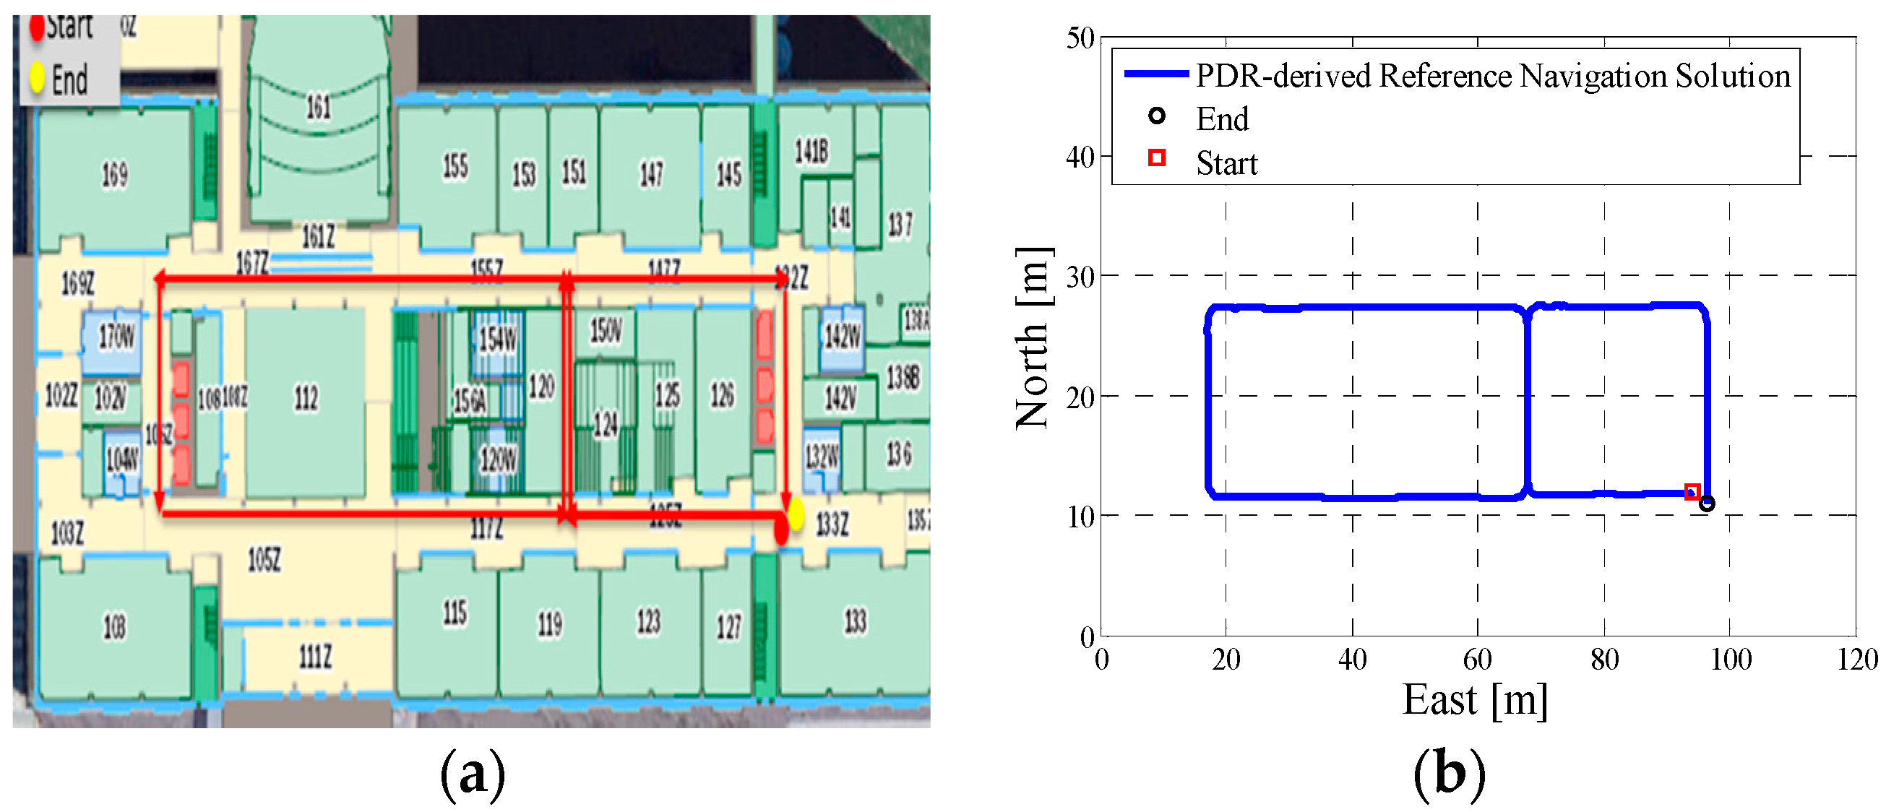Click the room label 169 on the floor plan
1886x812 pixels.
(114, 174)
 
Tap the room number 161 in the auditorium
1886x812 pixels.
(318, 108)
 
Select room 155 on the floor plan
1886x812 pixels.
(455, 165)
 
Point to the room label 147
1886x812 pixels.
(651, 174)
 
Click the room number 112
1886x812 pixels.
(306, 398)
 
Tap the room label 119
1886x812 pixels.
(550, 624)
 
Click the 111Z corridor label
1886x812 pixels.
(316, 657)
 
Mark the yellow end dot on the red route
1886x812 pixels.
(796, 514)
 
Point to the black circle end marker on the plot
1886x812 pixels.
(1707, 504)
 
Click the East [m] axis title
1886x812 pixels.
(1475, 700)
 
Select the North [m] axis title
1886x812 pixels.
(1033, 337)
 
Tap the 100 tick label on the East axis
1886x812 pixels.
(1730, 660)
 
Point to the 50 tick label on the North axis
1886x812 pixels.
(1080, 38)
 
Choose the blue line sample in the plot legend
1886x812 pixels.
(1155, 74)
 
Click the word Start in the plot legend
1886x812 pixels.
(1226, 163)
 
